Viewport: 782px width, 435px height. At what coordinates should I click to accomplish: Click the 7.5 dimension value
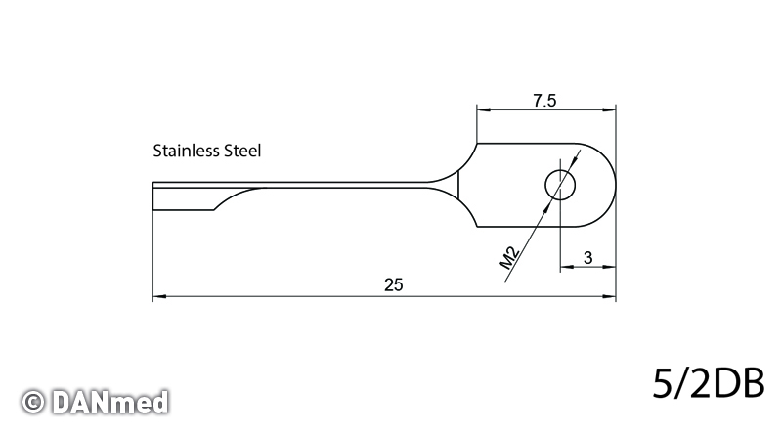[x=544, y=101]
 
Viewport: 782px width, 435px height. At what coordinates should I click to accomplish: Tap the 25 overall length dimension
[x=394, y=284]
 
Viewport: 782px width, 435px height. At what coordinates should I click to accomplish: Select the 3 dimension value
[x=588, y=258]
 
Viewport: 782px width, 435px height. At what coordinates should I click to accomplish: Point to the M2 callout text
[x=509, y=258]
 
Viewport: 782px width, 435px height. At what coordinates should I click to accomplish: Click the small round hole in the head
[x=560, y=185]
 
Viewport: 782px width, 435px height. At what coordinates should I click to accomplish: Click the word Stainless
[x=187, y=151]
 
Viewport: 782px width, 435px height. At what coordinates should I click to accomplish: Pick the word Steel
[x=242, y=151]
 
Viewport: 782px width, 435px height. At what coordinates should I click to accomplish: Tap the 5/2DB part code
[x=708, y=383]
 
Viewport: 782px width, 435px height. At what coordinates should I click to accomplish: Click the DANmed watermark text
[x=109, y=402]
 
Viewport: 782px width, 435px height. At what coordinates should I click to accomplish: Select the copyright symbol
[x=33, y=402]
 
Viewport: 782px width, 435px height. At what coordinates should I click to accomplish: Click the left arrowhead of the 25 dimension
[x=159, y=297]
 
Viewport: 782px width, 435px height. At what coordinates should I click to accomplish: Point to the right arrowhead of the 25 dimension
[x=609, y=297]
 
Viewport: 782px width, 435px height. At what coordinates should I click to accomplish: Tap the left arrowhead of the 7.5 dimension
[x=483, y=109]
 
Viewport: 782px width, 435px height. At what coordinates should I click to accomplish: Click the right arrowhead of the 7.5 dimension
[x=609, y=109]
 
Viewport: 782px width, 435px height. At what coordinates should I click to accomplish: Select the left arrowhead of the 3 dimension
[x=567, y=267]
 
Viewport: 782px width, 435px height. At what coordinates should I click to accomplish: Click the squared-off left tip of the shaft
[x=153, y=196]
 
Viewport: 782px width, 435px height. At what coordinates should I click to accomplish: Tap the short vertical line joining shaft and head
[x=458, y=185]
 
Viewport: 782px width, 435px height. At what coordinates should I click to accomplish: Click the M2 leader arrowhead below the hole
[x=547, y=205]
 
